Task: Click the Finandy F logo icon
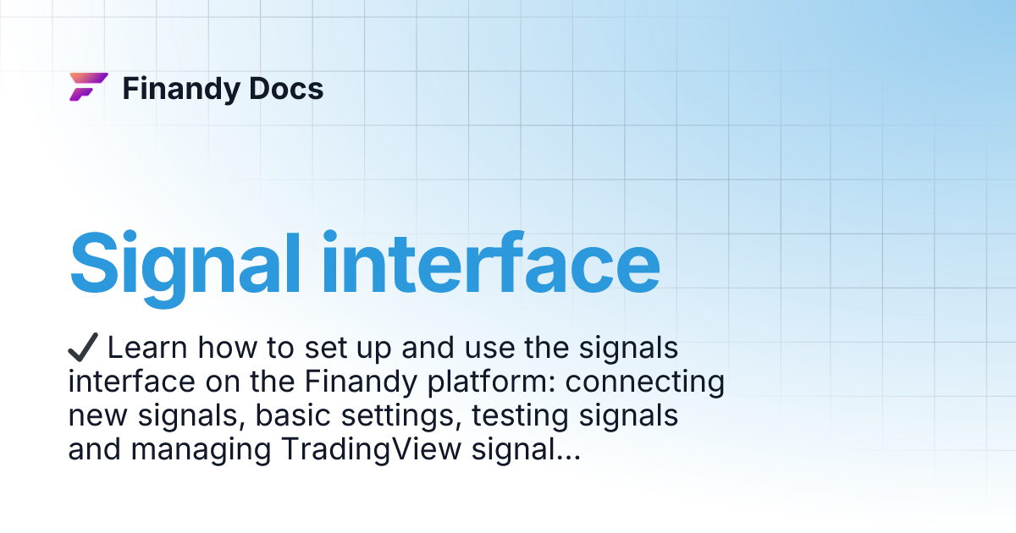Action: tap(88, 87)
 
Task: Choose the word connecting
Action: tap(645, 382)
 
